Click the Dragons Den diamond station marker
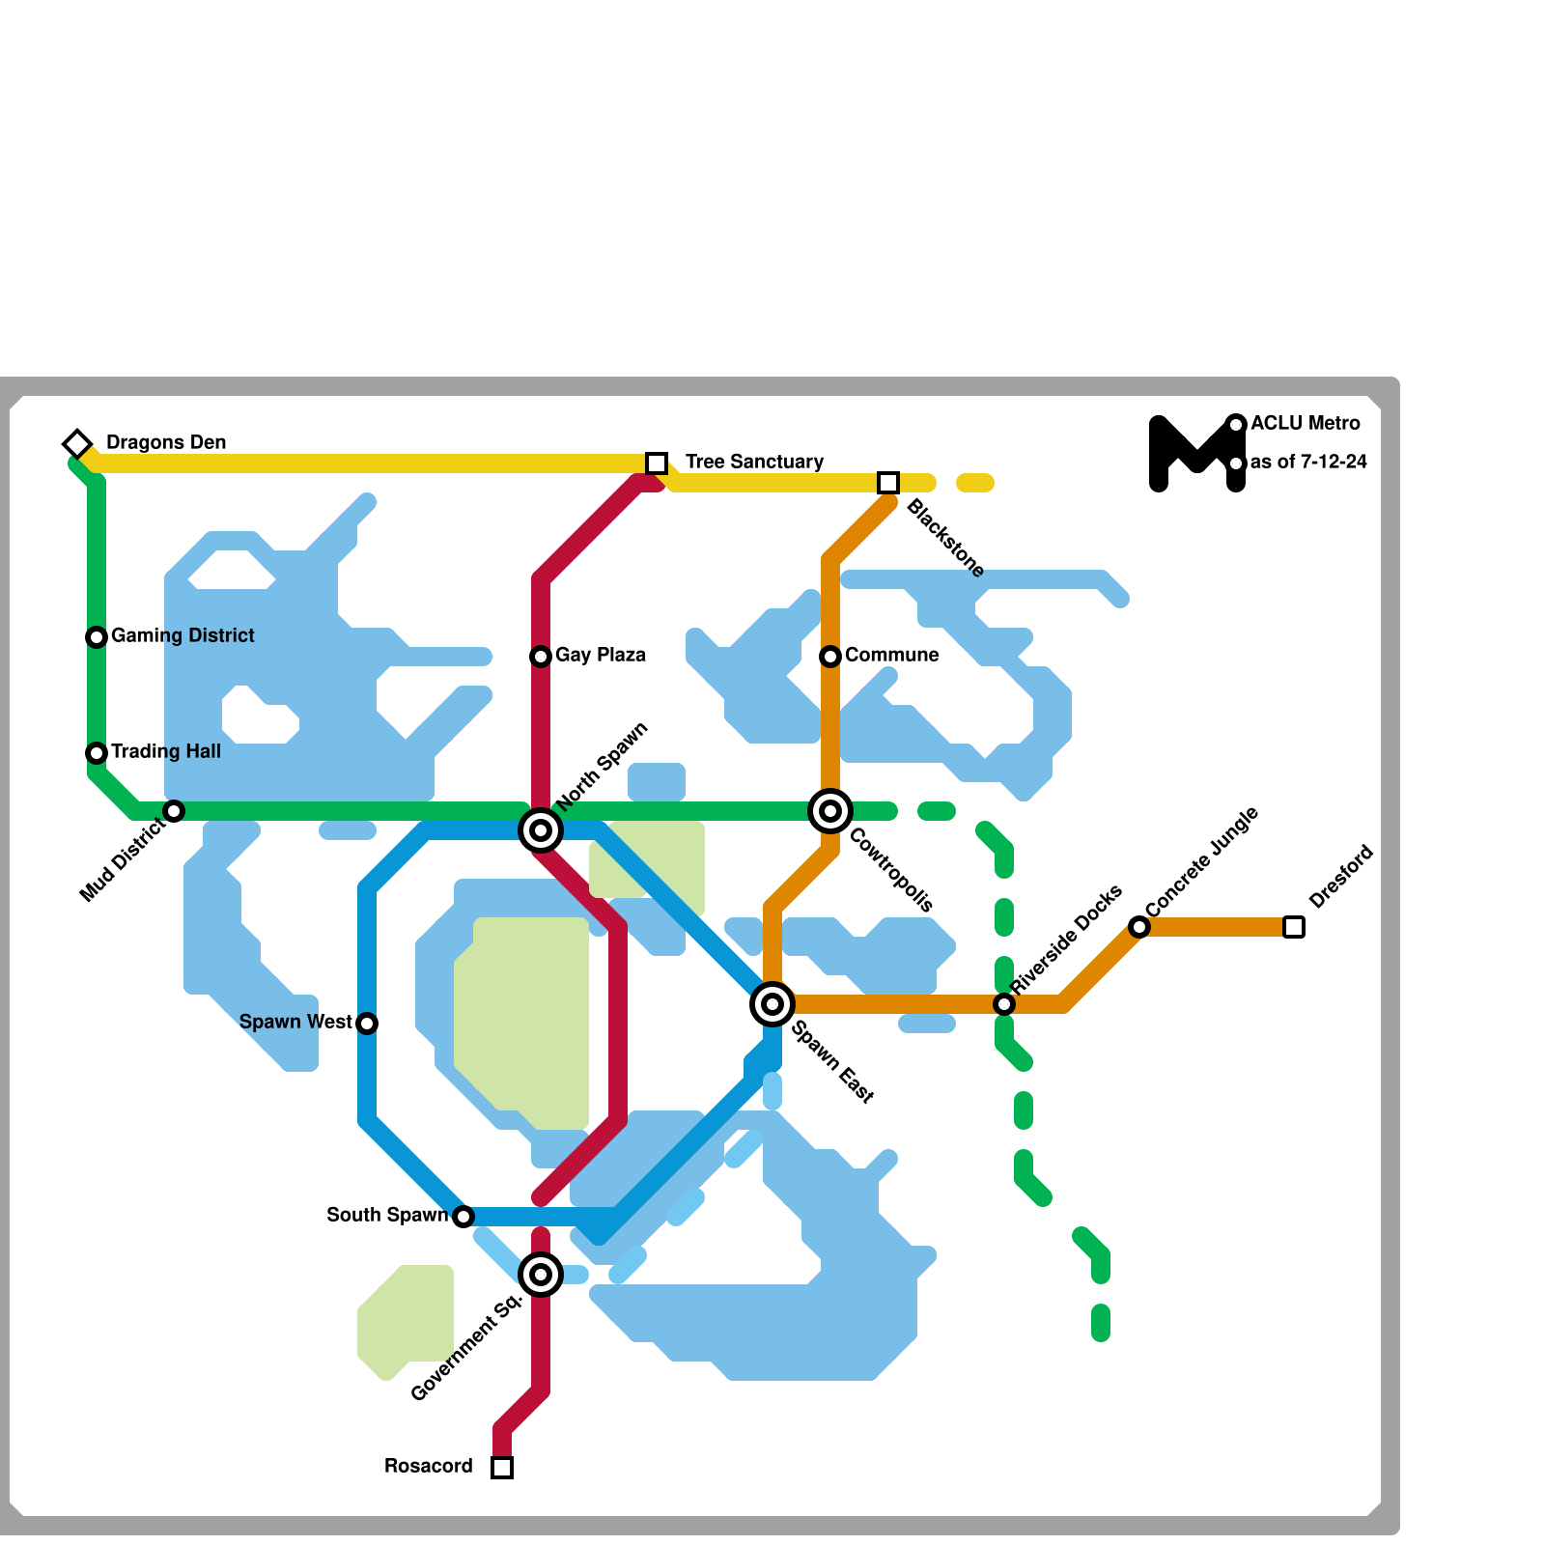(77, 443)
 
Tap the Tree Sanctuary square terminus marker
(657, 463)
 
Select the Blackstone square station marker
(888, 483)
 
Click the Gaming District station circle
(97, 637)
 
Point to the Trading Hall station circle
(97, 753)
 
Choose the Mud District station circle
(174, 811)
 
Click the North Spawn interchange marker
(541, 830)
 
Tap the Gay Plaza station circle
(541, 657)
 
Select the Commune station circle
(830, 657)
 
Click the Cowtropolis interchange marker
(830, 811)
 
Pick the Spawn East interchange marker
(772, 1004)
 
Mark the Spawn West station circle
(367, 1024)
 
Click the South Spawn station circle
(463, 1217)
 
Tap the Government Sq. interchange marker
(541, 1275)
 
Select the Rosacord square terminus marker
(502, 1468)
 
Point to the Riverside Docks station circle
(1004, 1004)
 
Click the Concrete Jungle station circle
(1139, 927)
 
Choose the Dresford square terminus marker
(1294, 927)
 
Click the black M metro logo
(1196, 454)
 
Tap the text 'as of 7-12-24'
(1308, 463)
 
